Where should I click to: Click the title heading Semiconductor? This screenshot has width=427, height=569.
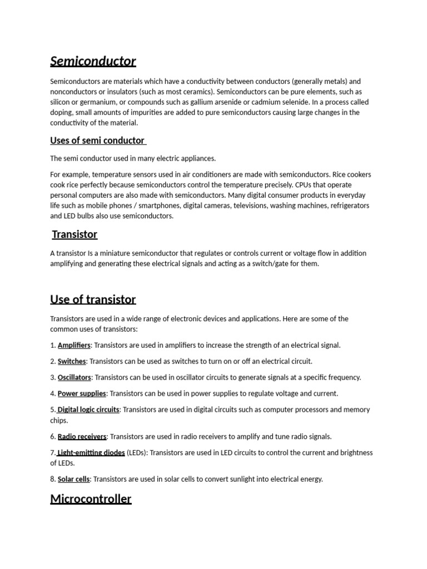click(93, 61)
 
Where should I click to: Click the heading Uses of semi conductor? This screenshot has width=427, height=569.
click(97, 140)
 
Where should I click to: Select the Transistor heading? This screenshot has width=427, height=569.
click(75, 234)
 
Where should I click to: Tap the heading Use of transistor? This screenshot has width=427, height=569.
click(93, 300)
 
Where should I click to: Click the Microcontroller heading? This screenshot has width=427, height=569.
click(91, 498)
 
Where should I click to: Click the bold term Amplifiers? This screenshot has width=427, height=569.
click(74, 345)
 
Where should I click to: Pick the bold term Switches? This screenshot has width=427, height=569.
click(72, 361)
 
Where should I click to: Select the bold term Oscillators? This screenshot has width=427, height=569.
click(74, 377)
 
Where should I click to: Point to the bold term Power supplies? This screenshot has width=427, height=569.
click(82, 393)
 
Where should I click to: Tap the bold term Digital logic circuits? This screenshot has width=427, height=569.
click(89, 410)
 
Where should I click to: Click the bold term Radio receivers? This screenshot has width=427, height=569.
click(82, 437)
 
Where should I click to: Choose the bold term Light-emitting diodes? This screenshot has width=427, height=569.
click(91, 453)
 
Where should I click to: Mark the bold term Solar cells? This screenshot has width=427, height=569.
click(74, 479)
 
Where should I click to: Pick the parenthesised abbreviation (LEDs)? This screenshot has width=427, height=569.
click(137, 453)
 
